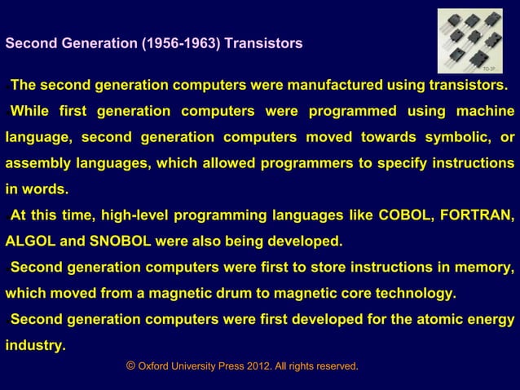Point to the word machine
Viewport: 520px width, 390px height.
tap(484, 111)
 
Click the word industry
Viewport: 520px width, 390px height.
tap(35, 345)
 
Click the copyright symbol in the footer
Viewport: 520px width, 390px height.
tap(130, 367)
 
